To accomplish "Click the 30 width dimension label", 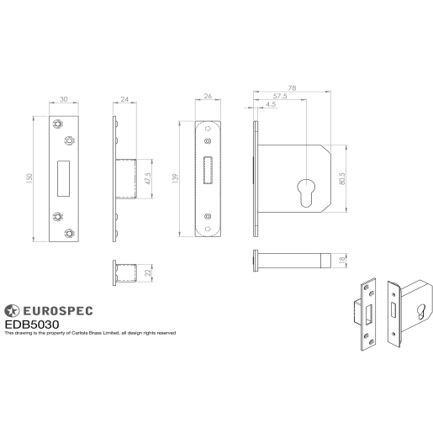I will [64, 98].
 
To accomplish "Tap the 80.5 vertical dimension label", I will [342, 180].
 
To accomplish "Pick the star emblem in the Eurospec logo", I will [12, 309].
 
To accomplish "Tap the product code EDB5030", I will [32, 323].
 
